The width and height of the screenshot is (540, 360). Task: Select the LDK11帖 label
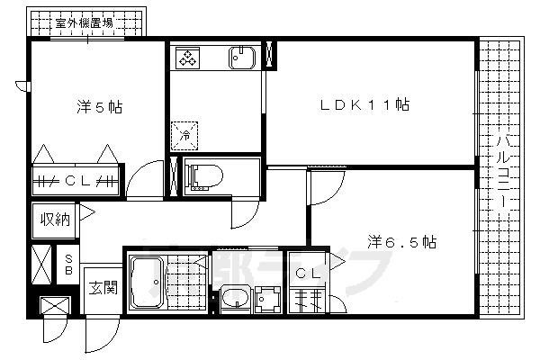pyautogui.click(x=365, y=105)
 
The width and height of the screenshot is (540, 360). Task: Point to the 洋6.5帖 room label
pyautogui.click(x=400, y=242)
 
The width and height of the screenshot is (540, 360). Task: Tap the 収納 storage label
pyautogui.click(x=54, y=219)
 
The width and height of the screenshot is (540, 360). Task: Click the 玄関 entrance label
pyautogui.click(x=102, y=288)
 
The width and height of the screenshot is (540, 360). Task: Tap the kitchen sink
pyautogui.click(x=242, y=58)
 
